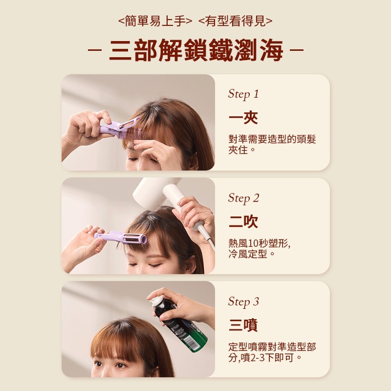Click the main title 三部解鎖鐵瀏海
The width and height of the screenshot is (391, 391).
196,50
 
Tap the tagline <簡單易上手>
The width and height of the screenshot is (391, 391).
155,21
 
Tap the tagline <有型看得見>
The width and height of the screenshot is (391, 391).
236,21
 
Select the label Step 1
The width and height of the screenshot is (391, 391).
243,94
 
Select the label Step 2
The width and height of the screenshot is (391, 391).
243,198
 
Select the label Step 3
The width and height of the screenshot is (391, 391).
243,302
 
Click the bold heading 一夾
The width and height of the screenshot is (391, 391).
243,118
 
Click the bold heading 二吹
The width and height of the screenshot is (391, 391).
243,222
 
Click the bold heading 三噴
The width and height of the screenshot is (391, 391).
243,325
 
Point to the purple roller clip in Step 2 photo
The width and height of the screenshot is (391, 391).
121,238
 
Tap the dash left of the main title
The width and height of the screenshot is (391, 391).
95,50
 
